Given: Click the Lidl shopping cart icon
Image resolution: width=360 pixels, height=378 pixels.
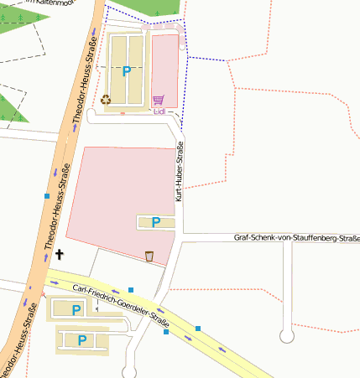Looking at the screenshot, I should click(157, 100).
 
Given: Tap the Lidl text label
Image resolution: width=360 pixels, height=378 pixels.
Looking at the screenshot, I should click(159, 111).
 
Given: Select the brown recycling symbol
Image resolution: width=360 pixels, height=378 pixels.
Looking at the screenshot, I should click(107, 100).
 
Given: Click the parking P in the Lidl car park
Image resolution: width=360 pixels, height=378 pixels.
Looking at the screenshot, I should click(127, 72).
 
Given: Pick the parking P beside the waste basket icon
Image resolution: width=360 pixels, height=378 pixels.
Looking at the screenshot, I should click(154, 222).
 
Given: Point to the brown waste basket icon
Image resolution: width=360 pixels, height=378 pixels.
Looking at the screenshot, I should click(149, 256).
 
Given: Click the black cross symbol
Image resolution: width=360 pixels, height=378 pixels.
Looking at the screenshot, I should click(60, 252).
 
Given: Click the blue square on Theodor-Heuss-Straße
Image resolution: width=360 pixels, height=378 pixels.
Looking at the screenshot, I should click(47, 196).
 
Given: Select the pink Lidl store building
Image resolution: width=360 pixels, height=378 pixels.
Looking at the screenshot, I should click(164, 71).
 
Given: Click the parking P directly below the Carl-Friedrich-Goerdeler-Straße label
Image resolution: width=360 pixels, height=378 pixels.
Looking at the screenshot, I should click(77, 310).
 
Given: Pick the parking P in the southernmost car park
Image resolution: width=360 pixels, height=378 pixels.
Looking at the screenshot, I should click(82, 340).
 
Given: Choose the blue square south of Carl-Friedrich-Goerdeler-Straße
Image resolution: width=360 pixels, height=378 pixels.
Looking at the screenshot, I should click(166, 333).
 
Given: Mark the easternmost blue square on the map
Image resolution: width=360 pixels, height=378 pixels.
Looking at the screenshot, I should click(198, 327).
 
